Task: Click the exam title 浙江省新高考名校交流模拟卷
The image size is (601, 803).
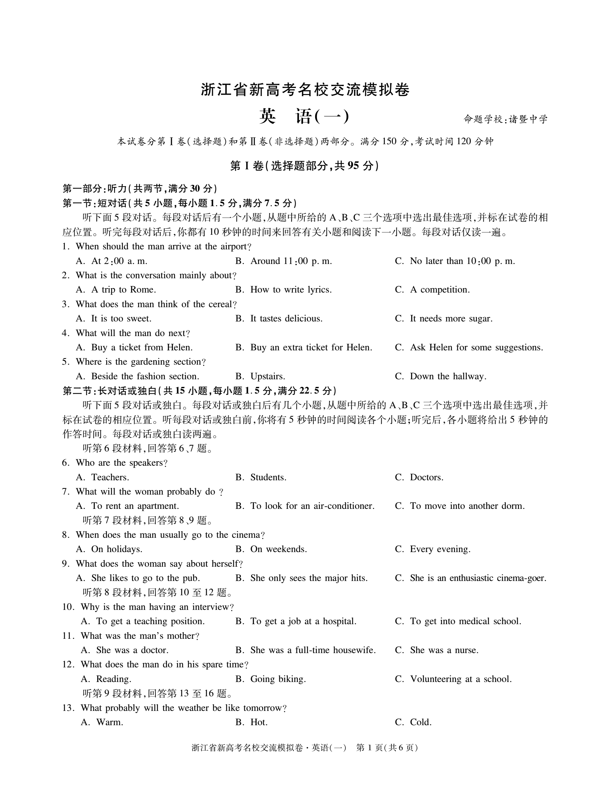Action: click(x=305, y=90)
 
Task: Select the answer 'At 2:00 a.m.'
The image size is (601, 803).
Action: click(x=119, y=261)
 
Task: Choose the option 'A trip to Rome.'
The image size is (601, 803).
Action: click(x=123, y=290)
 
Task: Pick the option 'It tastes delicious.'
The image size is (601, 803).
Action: click(x=286, y=319)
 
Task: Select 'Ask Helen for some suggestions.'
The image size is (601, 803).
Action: click(x=476, y=348)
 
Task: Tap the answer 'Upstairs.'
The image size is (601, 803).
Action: click(x=267, y=376)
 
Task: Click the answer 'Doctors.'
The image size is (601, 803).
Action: click(x=426, y=477)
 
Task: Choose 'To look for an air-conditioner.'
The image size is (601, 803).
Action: click(x=312, y=506)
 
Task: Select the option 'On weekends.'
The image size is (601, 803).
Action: click(x=278, y=549)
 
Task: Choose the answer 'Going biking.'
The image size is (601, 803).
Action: click(x=278, y=679)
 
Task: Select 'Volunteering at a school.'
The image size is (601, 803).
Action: click(x=461, y=679)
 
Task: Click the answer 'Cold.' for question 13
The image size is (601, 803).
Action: click(x=421, y=722)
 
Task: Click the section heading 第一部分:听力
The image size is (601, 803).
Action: click(x=94, y=188)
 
